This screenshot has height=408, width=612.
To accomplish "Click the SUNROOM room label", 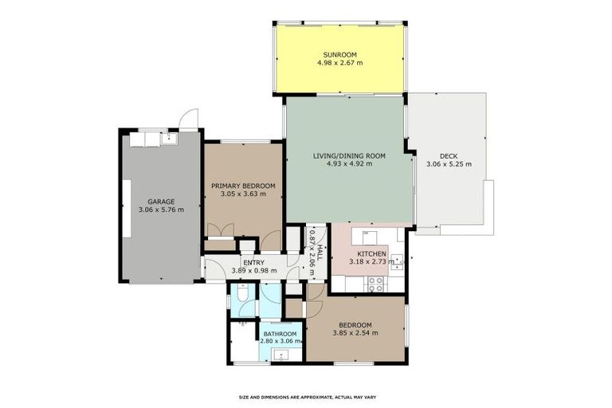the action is click(339, 55).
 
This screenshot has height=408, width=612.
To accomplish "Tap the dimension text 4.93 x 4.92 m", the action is click(349, 163).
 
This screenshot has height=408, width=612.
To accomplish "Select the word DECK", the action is click(449, 156).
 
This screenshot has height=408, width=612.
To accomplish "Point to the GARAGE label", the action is click(161, 202).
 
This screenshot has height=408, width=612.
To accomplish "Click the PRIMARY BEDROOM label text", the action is click(243, 186).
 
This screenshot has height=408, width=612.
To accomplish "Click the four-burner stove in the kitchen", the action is click(376, 284).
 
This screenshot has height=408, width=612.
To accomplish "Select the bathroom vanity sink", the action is click(281, 355).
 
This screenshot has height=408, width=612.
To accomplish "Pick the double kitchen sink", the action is click(398, 262).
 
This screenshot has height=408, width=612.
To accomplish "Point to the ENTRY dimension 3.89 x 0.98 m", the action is click(254, 271).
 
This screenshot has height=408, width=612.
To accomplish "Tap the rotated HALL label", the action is click(320, 253).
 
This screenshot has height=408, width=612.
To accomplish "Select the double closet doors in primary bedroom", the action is click(221, 230).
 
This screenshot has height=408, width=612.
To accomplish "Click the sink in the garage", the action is click(170, 137).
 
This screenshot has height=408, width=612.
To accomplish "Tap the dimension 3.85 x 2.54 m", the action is click(355, 333).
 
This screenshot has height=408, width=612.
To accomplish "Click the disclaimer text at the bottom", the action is click(308, 397).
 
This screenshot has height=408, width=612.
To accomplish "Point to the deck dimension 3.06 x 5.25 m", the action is click(449, 164).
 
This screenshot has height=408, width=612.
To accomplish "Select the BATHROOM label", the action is click(280, 334).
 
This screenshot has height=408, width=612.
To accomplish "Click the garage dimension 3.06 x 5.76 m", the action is click(161, 210).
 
